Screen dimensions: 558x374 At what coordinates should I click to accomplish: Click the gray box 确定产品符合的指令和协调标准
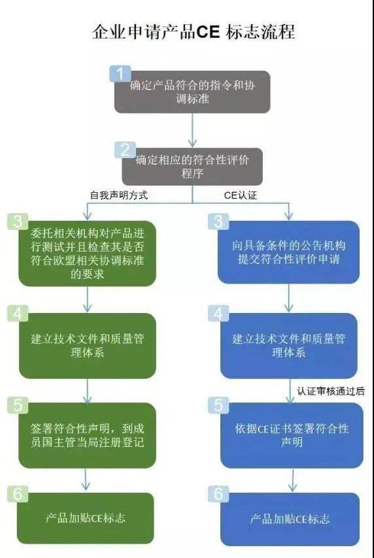coord(192,91)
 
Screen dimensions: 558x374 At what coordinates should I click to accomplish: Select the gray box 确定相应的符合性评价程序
coord(192,166)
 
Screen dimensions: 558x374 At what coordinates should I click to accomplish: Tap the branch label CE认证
coord(241,194)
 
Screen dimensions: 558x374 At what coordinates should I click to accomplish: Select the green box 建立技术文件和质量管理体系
coord(88,346)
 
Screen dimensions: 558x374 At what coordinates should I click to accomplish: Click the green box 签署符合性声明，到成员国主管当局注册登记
coord(88,435)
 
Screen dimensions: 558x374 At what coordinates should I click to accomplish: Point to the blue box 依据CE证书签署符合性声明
coord(292,435)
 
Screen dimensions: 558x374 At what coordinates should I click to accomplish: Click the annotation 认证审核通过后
coord(330,391)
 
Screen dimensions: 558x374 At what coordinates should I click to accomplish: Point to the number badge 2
coord(124,150)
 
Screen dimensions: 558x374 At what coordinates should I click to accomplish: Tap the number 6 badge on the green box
coord(18,493)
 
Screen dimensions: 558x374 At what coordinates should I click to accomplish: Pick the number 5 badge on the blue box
coord(218,405)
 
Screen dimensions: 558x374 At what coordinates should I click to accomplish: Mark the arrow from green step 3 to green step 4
coord(88,299)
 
